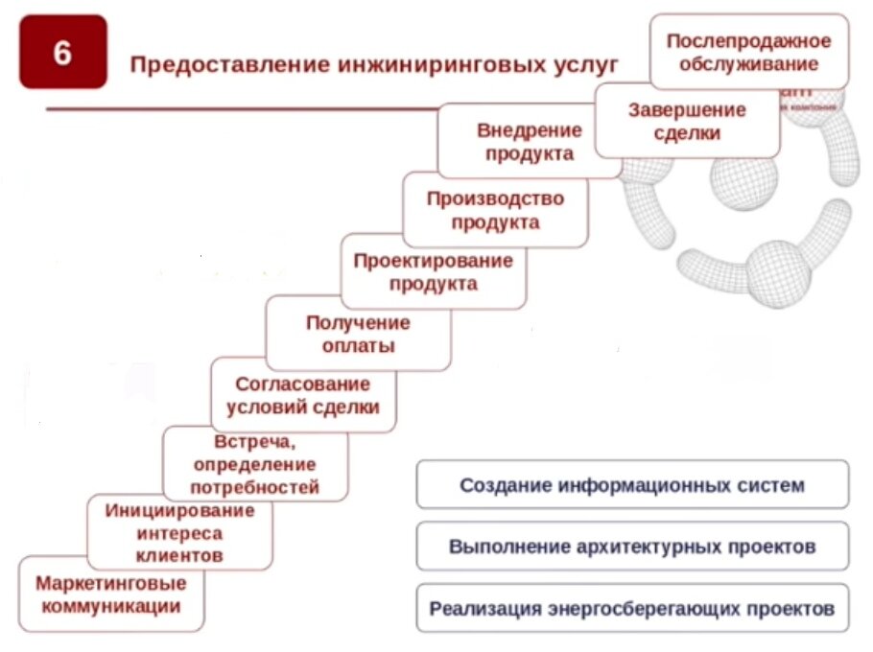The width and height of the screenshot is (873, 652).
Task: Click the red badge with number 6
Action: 62,53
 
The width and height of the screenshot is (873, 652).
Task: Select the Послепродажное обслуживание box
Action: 748,53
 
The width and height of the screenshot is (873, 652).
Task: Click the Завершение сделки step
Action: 687,122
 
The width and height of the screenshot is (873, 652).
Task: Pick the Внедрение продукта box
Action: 529,141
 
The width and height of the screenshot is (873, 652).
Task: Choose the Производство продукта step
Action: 495,210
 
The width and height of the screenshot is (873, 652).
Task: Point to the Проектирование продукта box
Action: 433,272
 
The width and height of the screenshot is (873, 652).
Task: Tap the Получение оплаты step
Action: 357,335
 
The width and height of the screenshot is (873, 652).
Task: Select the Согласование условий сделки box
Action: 302,395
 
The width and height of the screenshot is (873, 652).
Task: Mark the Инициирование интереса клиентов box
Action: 179,532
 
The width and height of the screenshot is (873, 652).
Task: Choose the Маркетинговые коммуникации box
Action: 111,594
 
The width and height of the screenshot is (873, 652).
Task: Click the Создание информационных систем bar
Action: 632,485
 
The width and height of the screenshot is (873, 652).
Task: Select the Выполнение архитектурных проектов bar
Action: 632,547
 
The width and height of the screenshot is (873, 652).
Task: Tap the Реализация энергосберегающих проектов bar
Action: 632,608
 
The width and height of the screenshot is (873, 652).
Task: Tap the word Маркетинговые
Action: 111,582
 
